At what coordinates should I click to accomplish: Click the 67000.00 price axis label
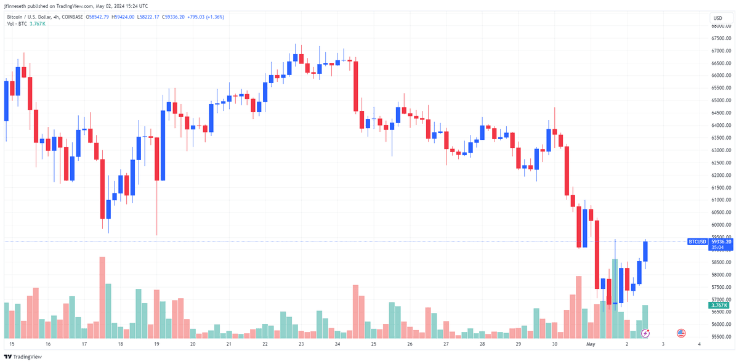[721, 51]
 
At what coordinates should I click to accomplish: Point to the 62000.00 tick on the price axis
[721, 176]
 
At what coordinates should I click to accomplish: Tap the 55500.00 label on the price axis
[721, 337]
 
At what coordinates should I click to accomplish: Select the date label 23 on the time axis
[301, 344]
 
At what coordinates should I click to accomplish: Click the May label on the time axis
[591, 344]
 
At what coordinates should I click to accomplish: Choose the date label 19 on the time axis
[156, 344]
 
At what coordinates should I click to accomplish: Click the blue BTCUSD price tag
[697, 242]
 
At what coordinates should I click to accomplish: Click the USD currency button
[721, 18]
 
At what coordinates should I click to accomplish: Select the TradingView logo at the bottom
[23, 357]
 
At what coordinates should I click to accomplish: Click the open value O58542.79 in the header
[97, 17]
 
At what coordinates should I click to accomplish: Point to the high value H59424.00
[123, 17]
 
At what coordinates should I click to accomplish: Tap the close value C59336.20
[173, 17]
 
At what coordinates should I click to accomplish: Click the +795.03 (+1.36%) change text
[206, 17]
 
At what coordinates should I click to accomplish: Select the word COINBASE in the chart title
[72, 17]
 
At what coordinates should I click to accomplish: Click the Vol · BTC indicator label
[17, 24]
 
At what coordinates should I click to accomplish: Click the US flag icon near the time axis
[681, 333]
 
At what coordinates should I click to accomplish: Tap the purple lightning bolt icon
[645, 333]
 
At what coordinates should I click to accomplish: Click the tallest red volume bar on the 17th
[102, 297]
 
